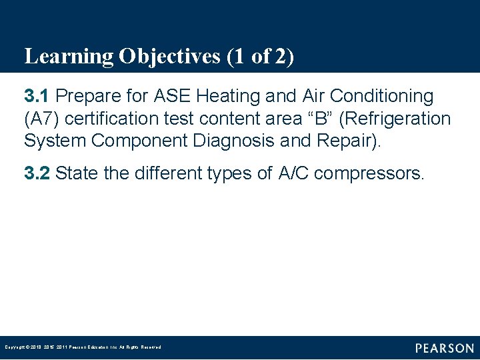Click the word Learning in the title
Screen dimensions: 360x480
tap(69, 57)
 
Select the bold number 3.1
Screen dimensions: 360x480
tap(37, 97)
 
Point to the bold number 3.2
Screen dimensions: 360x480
tap(37, 174)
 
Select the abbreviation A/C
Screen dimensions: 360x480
tap(293, 174)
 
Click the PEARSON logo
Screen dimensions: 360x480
tap(444, 348)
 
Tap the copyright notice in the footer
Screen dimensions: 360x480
tap(83, 347)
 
